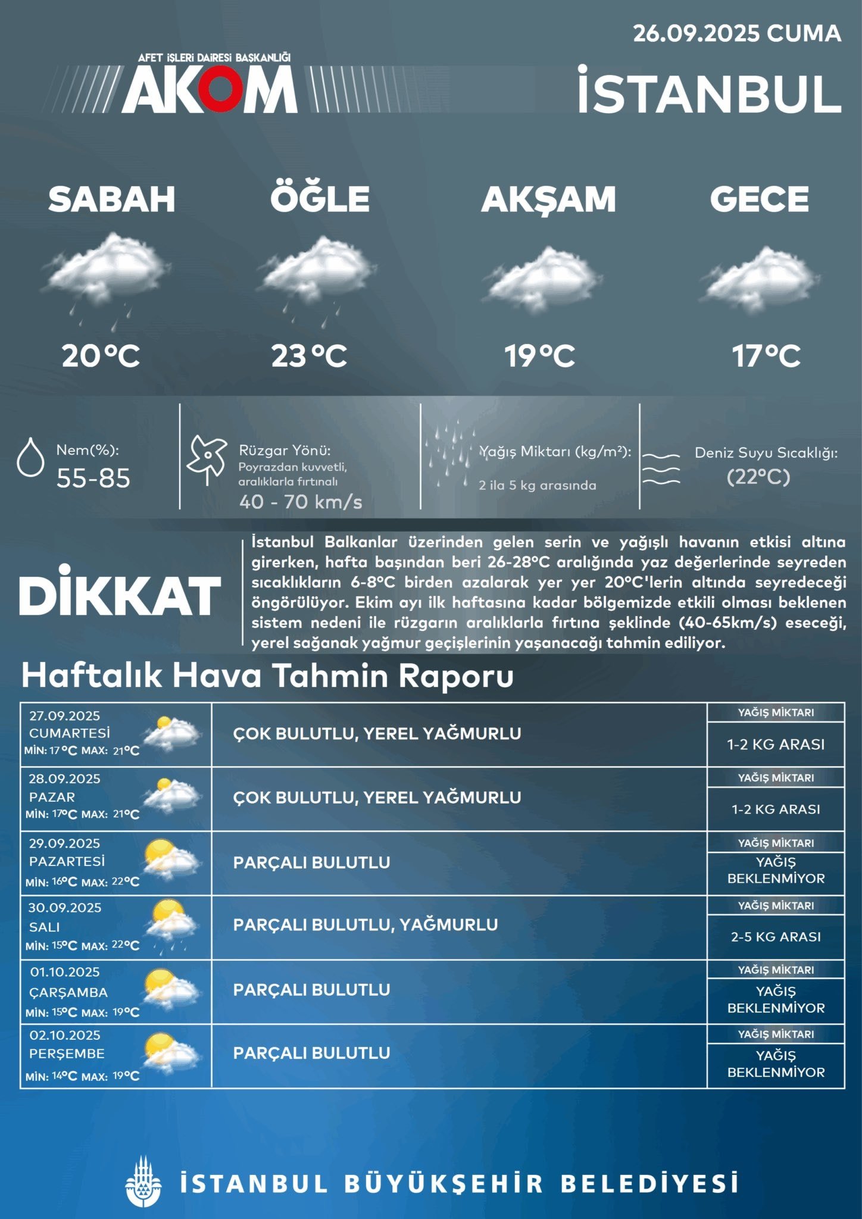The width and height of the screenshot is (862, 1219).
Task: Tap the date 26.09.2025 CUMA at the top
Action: (x=736, y=33)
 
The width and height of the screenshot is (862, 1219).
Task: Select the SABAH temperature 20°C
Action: (x=101, y=356)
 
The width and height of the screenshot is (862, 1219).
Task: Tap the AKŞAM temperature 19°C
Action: (x=539, y=356)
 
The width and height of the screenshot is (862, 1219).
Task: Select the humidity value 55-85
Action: (x=93, y=479)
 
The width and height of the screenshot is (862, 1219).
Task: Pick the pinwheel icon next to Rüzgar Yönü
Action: (x=207, y=459)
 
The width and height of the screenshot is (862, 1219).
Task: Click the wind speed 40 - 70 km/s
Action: (x=301, y=502)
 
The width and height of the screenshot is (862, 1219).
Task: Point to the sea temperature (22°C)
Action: (x=758, y=477)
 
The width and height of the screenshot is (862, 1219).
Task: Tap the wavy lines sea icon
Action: (x=661, y=468)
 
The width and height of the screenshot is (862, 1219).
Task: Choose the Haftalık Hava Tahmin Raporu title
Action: (x=267, y=676)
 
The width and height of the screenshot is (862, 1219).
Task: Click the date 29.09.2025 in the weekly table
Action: (x=64, y=843)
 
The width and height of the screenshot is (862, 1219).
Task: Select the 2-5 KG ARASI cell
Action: (x=776, y=936)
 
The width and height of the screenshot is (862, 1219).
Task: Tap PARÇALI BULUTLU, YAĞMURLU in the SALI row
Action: (x=366, y=924)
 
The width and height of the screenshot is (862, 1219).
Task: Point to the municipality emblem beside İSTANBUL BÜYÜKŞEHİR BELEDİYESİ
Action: (x=143, y=1183)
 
